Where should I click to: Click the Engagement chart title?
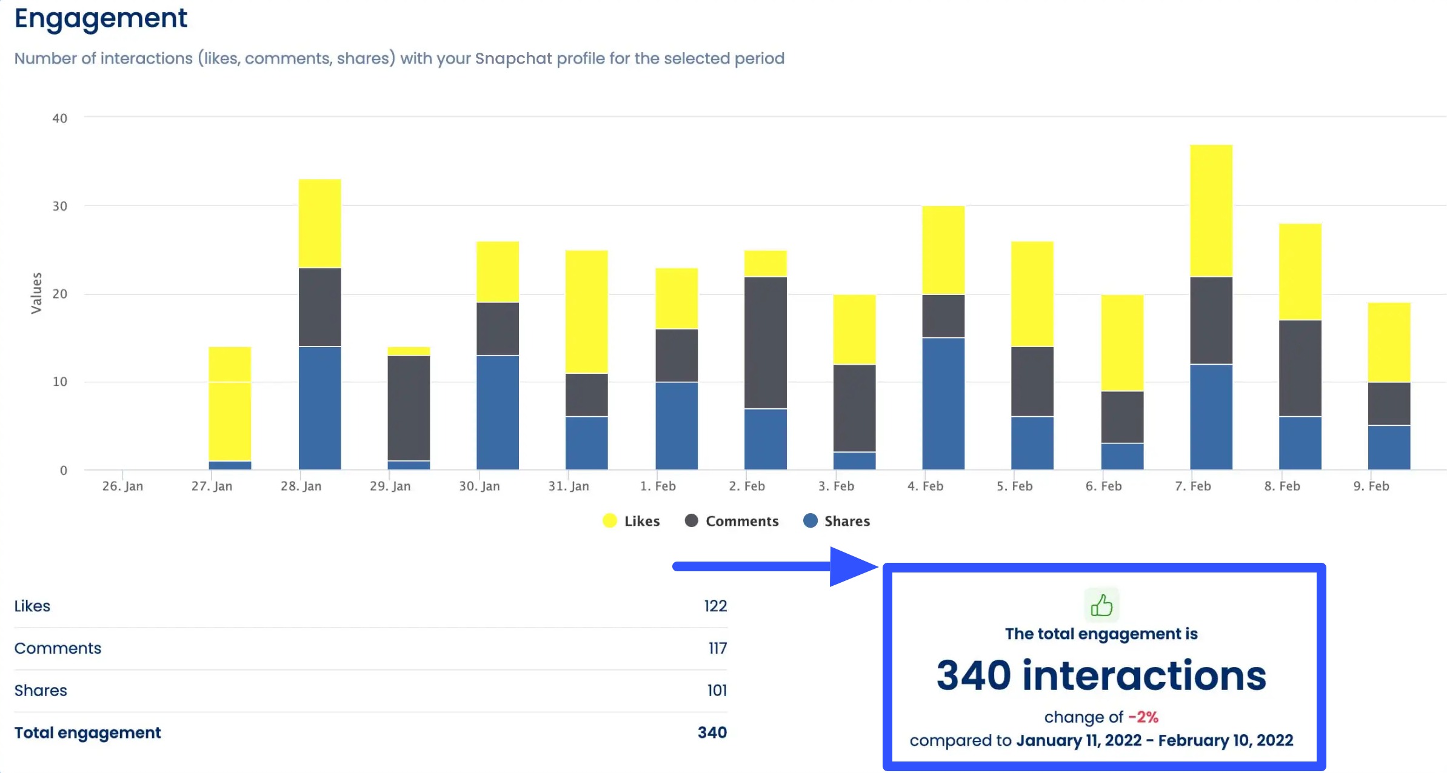(x=101, y=18)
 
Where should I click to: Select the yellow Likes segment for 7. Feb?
(x=1211, y=210)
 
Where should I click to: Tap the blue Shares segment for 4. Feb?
(x=943, y=403)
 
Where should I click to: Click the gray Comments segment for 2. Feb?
(x=765, y=342)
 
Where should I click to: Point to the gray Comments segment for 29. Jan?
(x=409, y=408)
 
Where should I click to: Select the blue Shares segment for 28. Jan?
(x=319, y=408)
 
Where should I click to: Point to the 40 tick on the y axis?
(x=59, y=118)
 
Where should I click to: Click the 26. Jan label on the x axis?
(x=122, y=486)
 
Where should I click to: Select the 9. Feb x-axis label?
(x=1371, y=486)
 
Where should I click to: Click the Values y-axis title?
(x=36, y=293)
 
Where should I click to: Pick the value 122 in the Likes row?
(x=715, y=606)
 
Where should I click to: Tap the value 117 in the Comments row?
(x=717, y=648)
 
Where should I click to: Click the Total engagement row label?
(x=87, y=732)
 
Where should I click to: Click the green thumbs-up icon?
(x=1101, y=605)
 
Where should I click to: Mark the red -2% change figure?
(x=1143, y=717)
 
